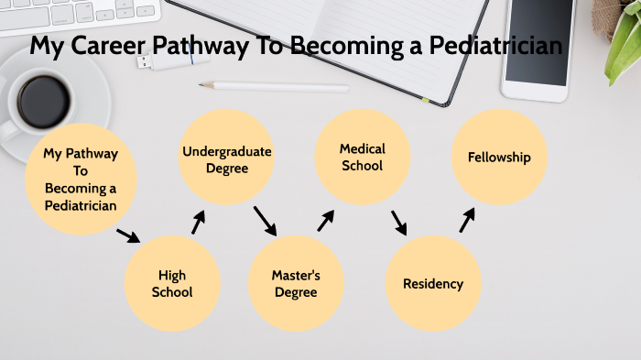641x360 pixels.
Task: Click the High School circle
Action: click(172, 284)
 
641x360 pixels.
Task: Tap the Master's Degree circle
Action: click(295, 284)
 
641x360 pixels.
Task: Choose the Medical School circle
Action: click(362, 157)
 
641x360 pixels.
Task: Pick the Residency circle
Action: click(433, 284)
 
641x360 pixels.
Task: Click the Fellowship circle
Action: click(499, 158)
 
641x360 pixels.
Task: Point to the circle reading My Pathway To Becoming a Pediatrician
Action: click(81, 179)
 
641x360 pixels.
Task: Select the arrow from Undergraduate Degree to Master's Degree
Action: click(265, 221)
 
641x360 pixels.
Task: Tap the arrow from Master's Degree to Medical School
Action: click(326, 221)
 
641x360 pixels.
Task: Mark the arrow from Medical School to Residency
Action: click(399, 223)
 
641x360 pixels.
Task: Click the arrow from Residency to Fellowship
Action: click(467, 220)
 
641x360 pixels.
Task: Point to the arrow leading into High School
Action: click(128, 235)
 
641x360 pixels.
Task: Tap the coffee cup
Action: click(41, 101)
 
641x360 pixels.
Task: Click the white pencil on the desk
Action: click(274, 87)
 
